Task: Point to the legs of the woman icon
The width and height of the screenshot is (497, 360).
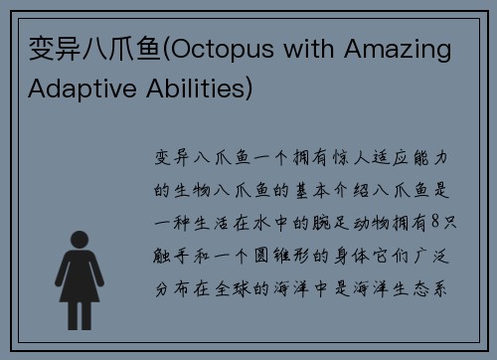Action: pyautogui.click(x=78, y=295)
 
